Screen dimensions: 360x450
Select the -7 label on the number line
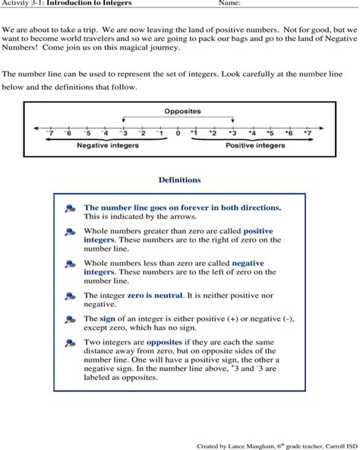(49, 133)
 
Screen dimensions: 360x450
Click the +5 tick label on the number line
(270, 133)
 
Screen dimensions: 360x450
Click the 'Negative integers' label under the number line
(106, 145)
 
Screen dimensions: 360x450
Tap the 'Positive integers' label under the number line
(255, 145)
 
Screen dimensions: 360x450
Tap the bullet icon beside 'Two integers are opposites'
(70, 344)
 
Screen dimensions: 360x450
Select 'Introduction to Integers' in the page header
(88, 4)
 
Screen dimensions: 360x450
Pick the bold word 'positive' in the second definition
(257, 230)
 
